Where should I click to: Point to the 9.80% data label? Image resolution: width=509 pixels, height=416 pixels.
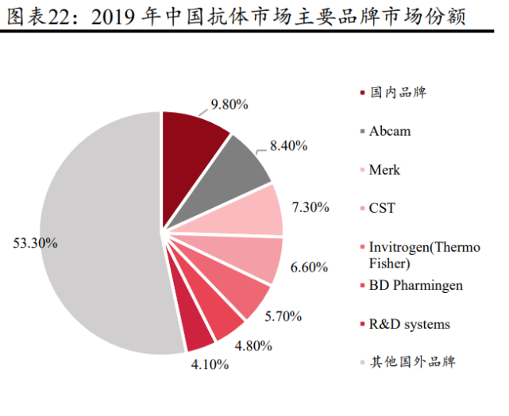(229, 104)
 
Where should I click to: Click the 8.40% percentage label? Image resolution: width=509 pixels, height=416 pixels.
(288, 145)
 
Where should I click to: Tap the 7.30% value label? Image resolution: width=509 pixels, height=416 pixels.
(310, 207)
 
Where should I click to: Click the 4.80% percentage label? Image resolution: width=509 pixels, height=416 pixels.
(253, 345)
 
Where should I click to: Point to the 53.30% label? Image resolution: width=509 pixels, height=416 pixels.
(35, 243)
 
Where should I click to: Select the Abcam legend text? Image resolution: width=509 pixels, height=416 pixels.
(390, 131)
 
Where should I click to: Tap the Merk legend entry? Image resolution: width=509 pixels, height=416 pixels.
(384, 170)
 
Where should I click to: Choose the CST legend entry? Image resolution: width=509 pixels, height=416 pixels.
(382, 209)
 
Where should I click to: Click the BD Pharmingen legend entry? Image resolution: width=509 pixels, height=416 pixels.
(415, 286)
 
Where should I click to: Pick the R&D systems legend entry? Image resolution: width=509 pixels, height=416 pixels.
(409, 324)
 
